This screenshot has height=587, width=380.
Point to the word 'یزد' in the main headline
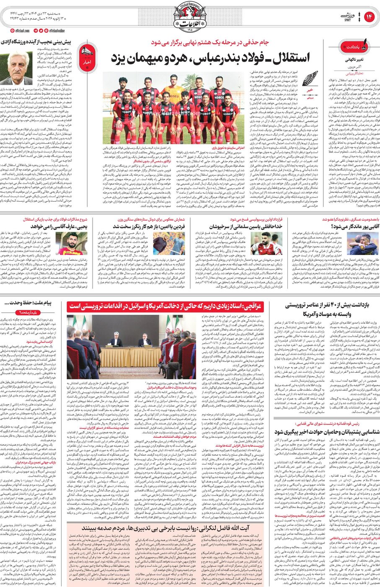pyautogui.click(x=118, y=59)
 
